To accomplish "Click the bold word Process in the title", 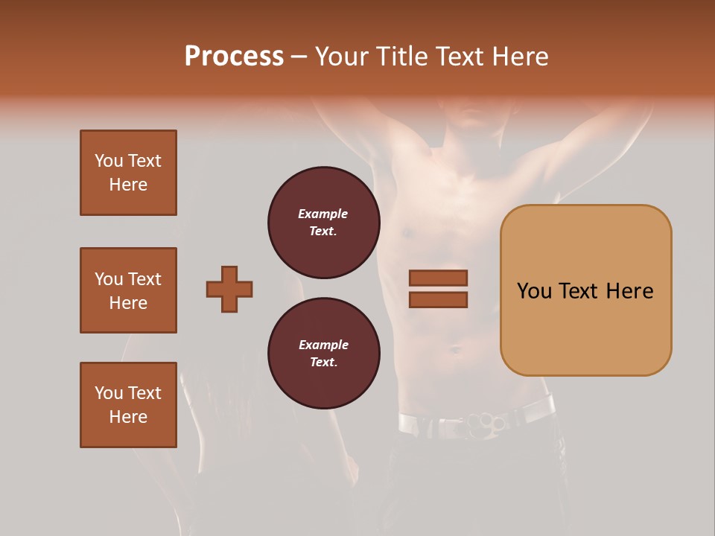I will tap(234, 56).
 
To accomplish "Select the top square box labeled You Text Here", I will tap(128, 173).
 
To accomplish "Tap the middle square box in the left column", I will tap(128, 290).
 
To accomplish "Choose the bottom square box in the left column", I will tap(128, 405).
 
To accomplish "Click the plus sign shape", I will tap(229, 289).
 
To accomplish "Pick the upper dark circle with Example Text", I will tap(323, 223).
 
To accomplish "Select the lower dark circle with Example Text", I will tap(323, 354).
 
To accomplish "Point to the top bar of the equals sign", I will tap(438, 278).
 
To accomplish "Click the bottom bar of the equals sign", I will tap(438, 300).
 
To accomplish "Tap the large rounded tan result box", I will tap(585, 290).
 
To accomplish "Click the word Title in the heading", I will tap(403, 56).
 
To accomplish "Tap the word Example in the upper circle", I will tap(323, 214).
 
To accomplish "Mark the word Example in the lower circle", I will tap(323, 345).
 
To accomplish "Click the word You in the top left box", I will tap(109, 161).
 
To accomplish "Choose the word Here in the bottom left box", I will tap(128, 417).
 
